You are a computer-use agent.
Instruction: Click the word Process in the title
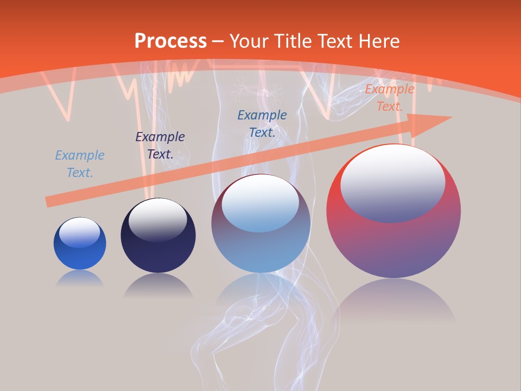coord(170,41)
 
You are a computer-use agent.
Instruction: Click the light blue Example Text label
coord(80,164)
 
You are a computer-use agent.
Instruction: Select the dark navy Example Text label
coord(160,146)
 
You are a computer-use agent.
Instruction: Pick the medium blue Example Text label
coord(262,124)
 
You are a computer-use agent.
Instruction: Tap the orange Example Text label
coord(389,98)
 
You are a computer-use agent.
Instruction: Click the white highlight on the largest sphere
coord(392,182)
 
